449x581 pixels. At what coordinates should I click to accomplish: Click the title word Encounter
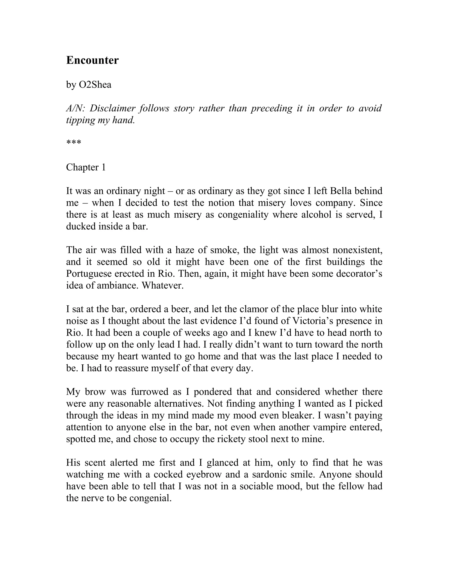click(x=92, y=60)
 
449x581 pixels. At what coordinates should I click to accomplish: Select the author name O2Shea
click(x=95, y=85)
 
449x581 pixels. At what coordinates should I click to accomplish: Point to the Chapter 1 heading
click(x=86, y=167)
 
